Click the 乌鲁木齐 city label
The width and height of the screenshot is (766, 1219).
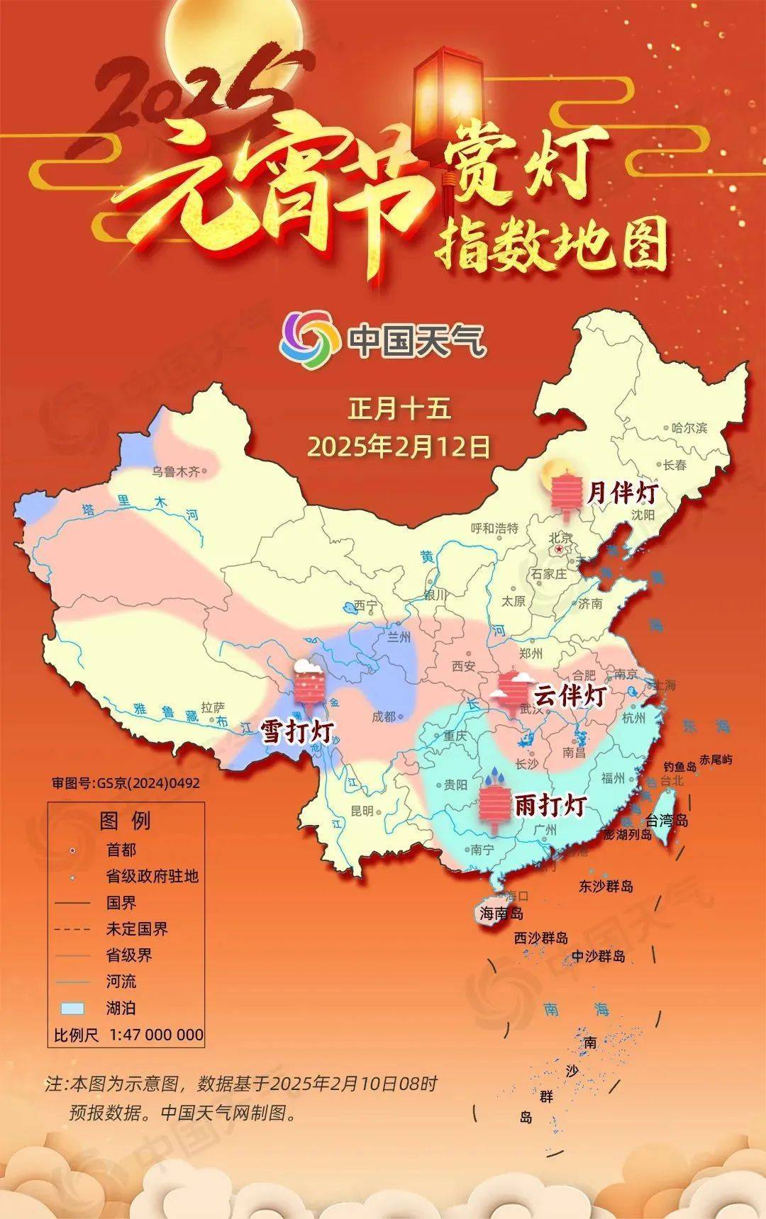click(176, 471)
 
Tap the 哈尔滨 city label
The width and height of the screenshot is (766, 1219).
click(689, 427)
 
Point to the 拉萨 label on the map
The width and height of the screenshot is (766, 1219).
click(213, 707)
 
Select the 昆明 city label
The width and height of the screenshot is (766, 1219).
click(362, 811)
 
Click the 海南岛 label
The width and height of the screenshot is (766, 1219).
click(501, 914)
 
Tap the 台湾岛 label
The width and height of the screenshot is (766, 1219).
click(667, 821)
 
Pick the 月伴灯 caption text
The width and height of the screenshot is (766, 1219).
click(622, 493)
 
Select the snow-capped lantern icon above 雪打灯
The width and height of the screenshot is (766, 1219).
click(309, 682)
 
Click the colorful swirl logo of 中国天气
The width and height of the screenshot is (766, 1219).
click(309, 340)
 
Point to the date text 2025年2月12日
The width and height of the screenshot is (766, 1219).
click(399, 446)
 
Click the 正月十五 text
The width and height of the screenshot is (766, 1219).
click(399, 409)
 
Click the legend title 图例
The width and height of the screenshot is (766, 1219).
click(126, 821)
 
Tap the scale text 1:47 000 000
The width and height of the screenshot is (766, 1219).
click(157, 1035)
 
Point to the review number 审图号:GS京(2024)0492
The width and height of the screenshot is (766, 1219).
click(126, 783)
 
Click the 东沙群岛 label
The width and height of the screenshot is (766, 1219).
click(606, 886)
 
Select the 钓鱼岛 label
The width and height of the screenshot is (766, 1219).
click(680, 766)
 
